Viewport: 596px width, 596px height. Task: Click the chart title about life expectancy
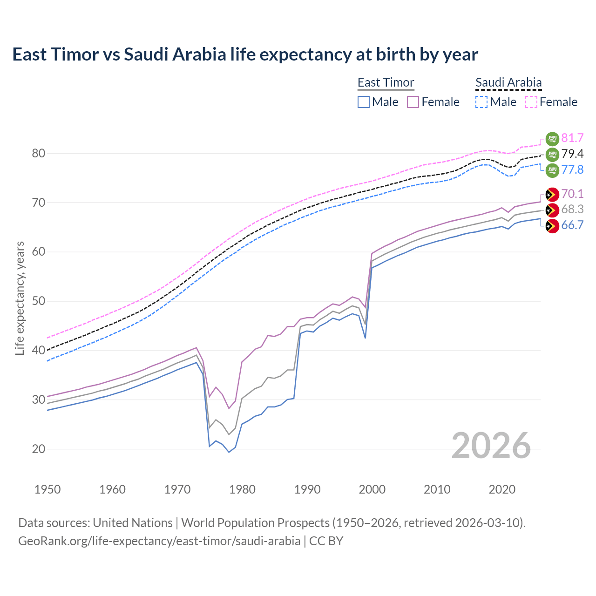pos(245,54)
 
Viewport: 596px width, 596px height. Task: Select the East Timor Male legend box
pos(364,102)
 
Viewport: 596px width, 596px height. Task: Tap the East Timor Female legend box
pos(413,102)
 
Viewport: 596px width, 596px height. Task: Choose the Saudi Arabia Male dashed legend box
pos(481,102)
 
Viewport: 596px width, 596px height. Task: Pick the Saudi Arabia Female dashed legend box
pos(531,102)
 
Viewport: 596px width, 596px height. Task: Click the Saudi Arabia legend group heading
pos(508,82)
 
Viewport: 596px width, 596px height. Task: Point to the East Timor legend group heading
pos(386,82)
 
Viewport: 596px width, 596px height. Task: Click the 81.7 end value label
pos(572,138)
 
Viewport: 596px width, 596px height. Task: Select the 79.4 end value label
pos(572,154)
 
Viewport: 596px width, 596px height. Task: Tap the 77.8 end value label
pos(572,169)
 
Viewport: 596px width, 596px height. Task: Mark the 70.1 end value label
pos(572,194)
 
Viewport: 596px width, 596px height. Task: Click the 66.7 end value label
pos(572,225)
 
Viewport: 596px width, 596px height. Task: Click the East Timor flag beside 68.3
pos(552,210)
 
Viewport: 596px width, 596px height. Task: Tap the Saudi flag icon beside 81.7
pos(552,138)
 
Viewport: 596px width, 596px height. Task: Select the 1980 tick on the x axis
pos(243,489)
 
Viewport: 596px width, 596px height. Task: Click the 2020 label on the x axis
pos(502,489)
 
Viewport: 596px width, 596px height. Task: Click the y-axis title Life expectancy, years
pos(20,298)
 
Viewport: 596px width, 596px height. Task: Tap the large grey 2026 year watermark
pos(491,446)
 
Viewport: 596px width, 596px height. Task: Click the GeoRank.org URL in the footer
pos(159,541)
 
